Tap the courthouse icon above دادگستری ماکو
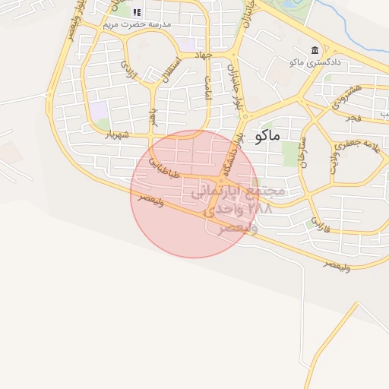coord(315,50)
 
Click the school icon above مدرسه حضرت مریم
coord(137,12)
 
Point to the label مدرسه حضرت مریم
coord(142,24)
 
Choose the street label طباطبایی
coord(164,168)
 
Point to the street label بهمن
coord(153,116)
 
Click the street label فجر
coord(353,118)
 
